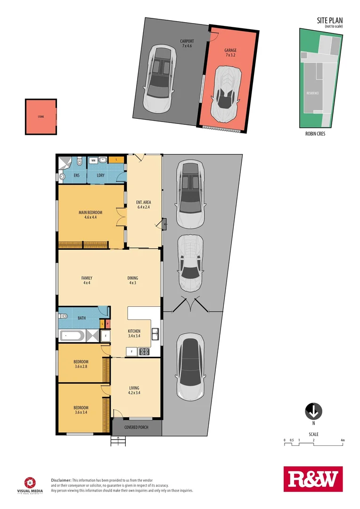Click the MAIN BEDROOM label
90,215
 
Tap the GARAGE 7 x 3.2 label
230,52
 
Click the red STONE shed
41,116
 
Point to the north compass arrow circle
313,411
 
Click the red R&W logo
313,479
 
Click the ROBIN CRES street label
316,134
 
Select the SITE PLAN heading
329,20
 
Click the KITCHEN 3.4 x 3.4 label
134,334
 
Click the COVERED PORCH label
136,427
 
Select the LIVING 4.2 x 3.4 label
134,390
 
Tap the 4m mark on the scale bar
343,440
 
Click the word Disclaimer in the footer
61,479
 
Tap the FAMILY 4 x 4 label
87,280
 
